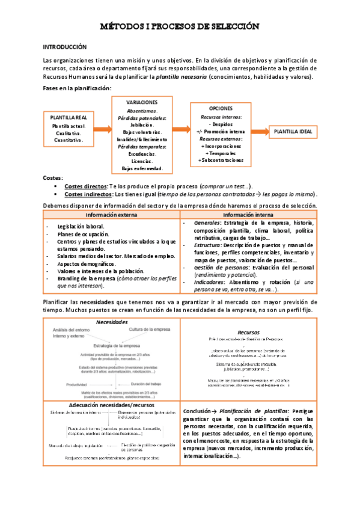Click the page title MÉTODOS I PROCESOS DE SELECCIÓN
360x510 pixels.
tap(180, 26)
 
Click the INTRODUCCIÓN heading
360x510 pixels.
tap(66, 46)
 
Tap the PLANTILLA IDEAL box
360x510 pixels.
tap(293, 131)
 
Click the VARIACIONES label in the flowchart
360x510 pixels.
tap(142, 103)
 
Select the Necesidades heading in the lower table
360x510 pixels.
tap(112, 322)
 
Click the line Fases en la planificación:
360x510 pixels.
tap(77, 88)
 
